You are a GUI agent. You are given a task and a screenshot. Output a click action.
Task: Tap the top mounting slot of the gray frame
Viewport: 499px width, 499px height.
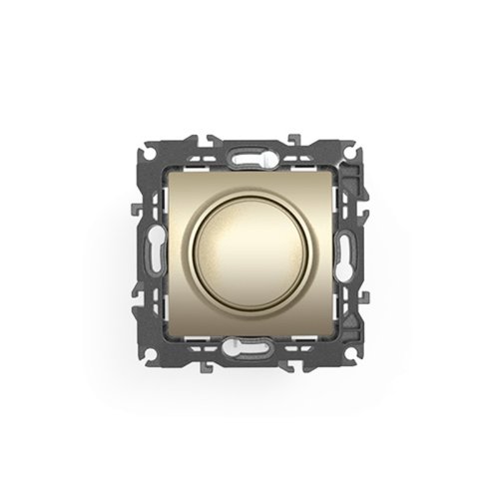(x=249, y=156)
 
